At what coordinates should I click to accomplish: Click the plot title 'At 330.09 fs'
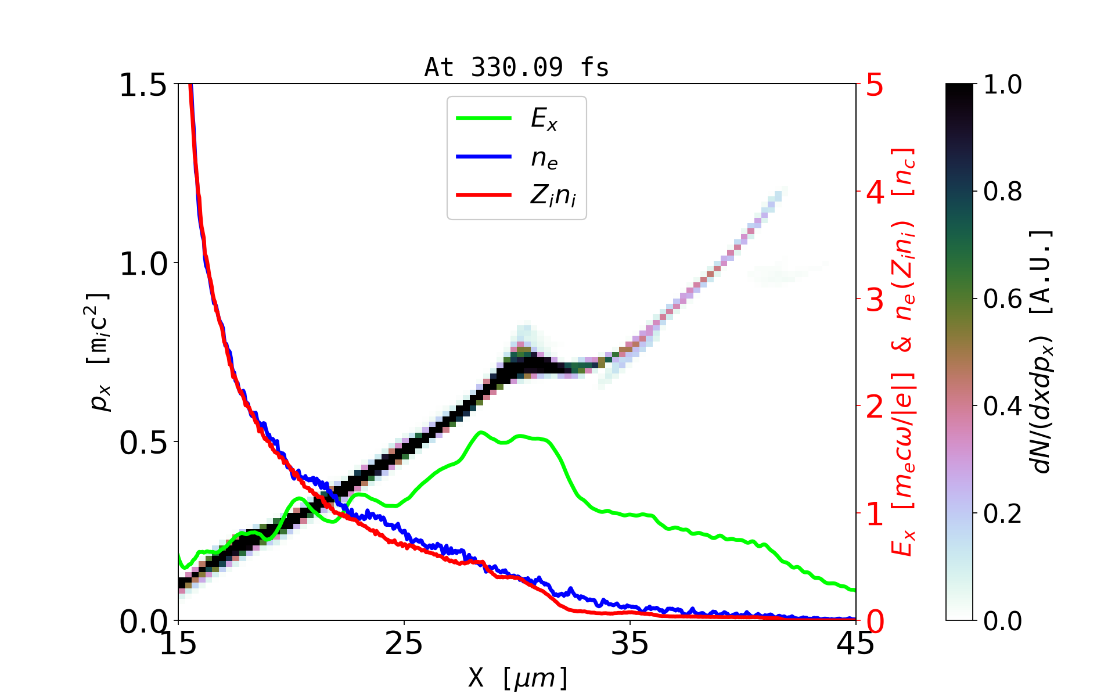coord(516,67)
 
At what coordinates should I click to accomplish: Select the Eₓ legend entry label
coord(544,119)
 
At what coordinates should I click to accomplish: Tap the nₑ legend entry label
coord(544,158)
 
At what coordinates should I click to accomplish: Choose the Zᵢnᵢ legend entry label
coord(552,196)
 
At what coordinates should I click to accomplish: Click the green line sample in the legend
coord(483,118)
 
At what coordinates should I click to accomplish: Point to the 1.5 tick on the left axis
coord(143,85)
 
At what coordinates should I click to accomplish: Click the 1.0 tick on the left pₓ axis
coord(143,264)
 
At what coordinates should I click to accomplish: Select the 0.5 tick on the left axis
coord(143,443)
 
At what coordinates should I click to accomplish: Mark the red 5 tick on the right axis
coord(875,85)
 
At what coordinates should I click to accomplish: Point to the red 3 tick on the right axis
coord(875,300)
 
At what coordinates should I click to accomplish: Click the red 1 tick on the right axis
coord(875,514)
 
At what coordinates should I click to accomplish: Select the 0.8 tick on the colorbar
coord(1002,192)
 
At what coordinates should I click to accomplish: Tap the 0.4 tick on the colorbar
coord(1002,407)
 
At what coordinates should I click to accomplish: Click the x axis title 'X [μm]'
coord(518,677)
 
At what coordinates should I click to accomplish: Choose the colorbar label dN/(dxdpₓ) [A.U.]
coord(1042,352)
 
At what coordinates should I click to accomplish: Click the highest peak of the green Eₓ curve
coord(481,432)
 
